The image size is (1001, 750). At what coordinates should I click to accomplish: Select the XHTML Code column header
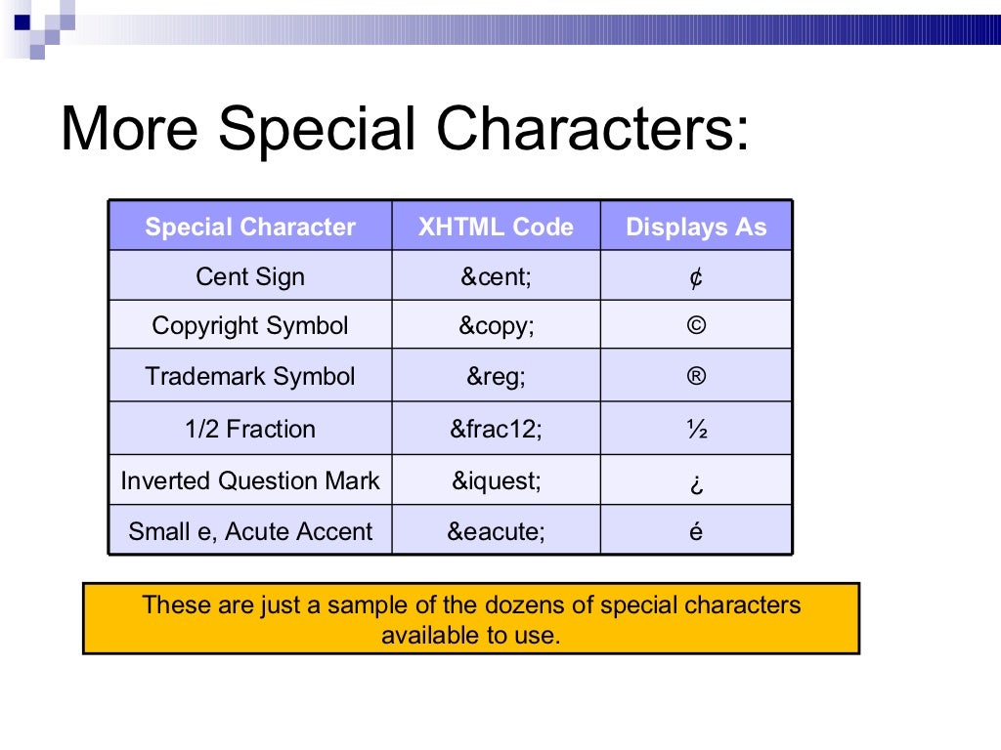click(x=496, y=228)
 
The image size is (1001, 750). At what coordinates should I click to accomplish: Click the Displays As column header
click(x=696, y=228)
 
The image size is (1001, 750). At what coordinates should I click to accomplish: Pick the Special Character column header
click(x=250, y=228)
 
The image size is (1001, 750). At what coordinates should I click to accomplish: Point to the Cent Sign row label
click(x=250, y=276)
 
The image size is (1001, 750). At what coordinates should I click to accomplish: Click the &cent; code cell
click(x=496, y=276)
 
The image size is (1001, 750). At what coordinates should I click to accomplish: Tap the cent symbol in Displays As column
click(x=696, y=277)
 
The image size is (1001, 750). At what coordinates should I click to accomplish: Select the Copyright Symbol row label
click(x=250, y=326)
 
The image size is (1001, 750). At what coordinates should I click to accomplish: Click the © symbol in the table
click(x=696, y=326)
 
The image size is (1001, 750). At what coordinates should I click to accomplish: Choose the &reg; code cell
click(x=496, y=377)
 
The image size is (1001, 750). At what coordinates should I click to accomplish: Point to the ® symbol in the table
click(x=696, y=377)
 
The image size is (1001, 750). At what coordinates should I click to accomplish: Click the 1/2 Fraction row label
click(x=250, y=429)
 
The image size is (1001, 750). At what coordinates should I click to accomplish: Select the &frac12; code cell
click(x=496, y=429)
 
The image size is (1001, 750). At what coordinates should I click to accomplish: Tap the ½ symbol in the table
click(x=696, y=429)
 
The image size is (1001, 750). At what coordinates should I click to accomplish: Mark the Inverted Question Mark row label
click(x=250, y=480)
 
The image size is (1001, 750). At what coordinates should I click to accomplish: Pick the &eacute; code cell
click(x=496, y=532)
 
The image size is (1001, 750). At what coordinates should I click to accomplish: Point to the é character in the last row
click(x=696, y=531)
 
